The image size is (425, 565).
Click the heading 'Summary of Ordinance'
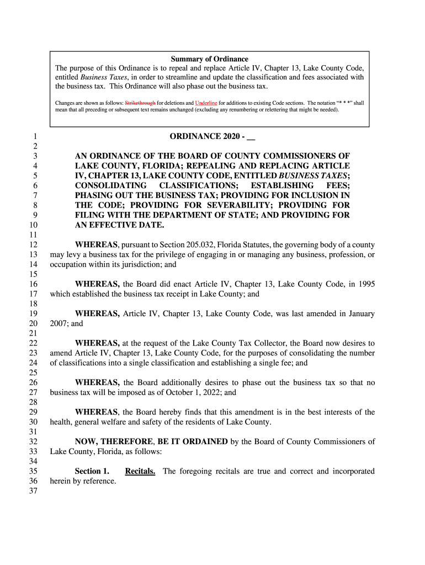209,59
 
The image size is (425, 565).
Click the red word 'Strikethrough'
140,103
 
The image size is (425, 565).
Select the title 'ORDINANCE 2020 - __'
212,136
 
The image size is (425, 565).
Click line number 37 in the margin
33,491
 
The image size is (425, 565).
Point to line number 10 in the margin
33,225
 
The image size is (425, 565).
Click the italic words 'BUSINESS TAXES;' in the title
314,175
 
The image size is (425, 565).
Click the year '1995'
365,285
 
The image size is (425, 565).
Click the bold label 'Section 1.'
92,472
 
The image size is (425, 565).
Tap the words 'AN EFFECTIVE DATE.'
119,225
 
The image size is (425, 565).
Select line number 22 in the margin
33,343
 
